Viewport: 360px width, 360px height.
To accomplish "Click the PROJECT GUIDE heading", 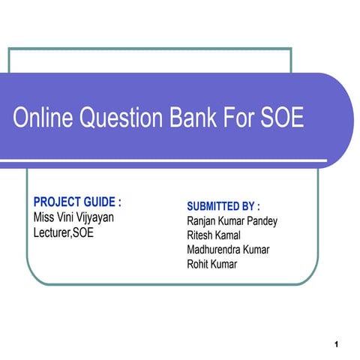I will (77, 202).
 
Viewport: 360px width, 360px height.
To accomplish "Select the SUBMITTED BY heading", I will (223, 206).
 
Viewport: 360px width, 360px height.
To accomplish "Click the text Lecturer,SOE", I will (64, 232).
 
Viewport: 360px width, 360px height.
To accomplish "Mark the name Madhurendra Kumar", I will (228, 249).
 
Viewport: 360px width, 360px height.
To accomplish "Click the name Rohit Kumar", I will (211, 263).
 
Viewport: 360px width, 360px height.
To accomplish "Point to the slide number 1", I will (338, 344).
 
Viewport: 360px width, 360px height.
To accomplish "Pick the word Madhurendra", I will (214, 249).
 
